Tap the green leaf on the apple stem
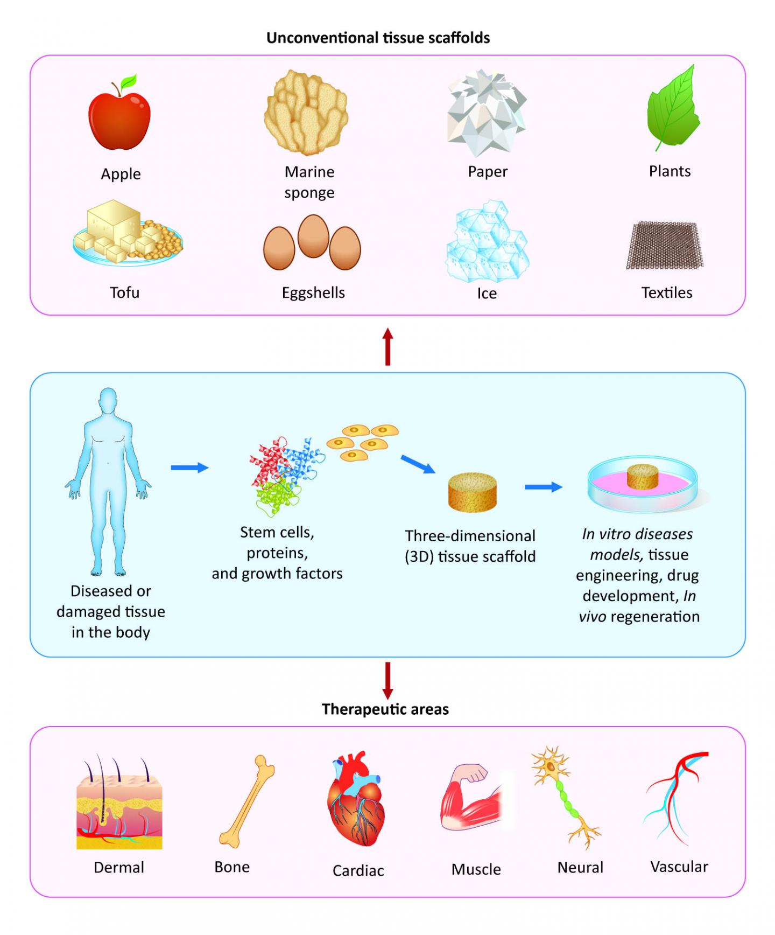[x=129, y=82]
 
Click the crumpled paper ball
[x=487, y=114]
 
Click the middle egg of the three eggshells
[x=313, y=236]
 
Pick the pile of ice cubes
[x=487, y=242]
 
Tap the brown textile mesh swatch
[x=665, y=245]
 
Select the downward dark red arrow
[x=387, y=680]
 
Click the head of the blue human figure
[x=108, y=401]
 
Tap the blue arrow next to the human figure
[x=189, y=467]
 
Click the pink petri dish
[x=643, y=485]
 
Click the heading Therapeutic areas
[x=385, y=709]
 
